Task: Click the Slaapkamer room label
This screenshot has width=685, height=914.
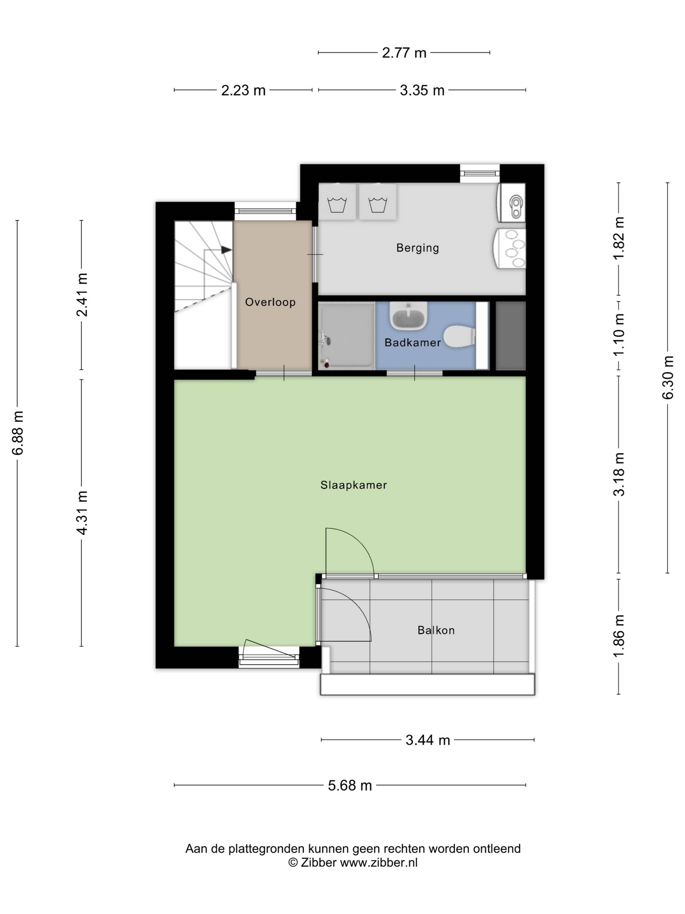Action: coord(353,485)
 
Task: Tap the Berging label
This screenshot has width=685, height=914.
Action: coord(417,248)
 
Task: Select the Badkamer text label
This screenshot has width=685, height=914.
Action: coord(412,343)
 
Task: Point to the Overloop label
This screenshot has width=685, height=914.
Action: coord(270,302)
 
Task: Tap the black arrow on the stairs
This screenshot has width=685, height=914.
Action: coord(226,250)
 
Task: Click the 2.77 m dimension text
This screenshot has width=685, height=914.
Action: coord(404,53)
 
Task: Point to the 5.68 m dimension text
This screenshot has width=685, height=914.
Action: coord(350,785)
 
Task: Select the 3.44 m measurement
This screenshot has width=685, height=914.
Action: coord(427,740)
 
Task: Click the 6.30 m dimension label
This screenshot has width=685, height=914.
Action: coord(668,377)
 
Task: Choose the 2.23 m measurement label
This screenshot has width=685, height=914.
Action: coord(243,90)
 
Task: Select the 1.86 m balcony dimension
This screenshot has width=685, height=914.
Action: coord(618,636)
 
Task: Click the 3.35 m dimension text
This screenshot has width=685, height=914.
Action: coord(422,90)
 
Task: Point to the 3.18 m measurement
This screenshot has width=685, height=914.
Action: coord(618,474)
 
